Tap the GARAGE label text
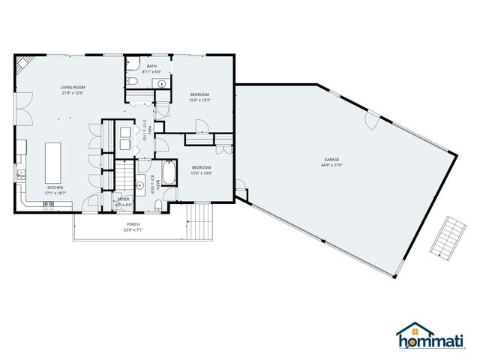[332, 159]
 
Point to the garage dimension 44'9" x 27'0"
[332, 165]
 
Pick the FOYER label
[123, 199]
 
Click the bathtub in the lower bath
[169, 174]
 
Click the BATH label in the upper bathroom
[151, 67]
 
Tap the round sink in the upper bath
[162, 84]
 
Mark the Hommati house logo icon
[409, 332]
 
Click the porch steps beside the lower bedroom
[199, 220]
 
